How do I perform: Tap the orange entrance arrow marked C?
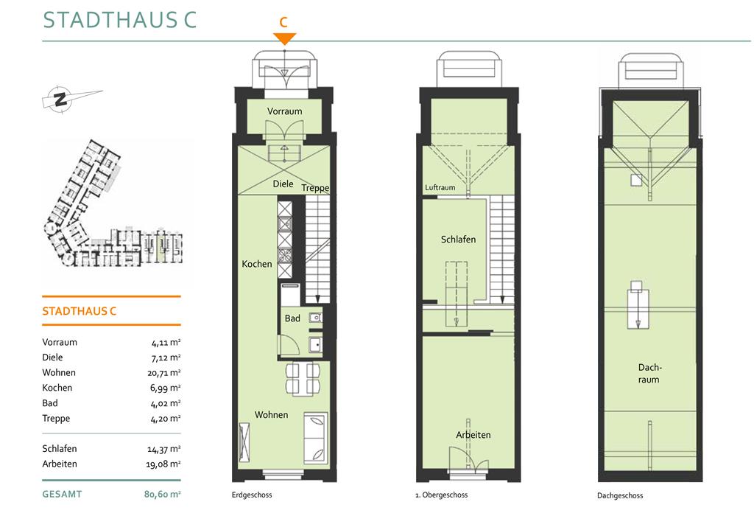coord(284,38)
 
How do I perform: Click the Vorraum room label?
coord(285,111)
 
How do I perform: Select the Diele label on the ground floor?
coord(283,184)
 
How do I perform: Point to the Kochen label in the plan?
coord(257,264)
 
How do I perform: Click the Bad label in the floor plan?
coord(292,318)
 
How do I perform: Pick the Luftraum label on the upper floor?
coord(440,187)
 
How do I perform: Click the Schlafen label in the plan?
coord(458,240)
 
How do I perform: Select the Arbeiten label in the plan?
coord(473,435)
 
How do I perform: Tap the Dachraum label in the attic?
coord(649,374)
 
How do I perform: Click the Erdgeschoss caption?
coord(252,495)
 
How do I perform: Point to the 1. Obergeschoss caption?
coord(442,495)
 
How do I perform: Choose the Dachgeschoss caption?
coord(620,495)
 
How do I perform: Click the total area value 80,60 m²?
coord(163,494)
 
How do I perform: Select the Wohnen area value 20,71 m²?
coord(164,372)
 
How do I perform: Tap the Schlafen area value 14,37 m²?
coord(164,449)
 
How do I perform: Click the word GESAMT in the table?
coord(62,494)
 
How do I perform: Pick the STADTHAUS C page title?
coord(120,20)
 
